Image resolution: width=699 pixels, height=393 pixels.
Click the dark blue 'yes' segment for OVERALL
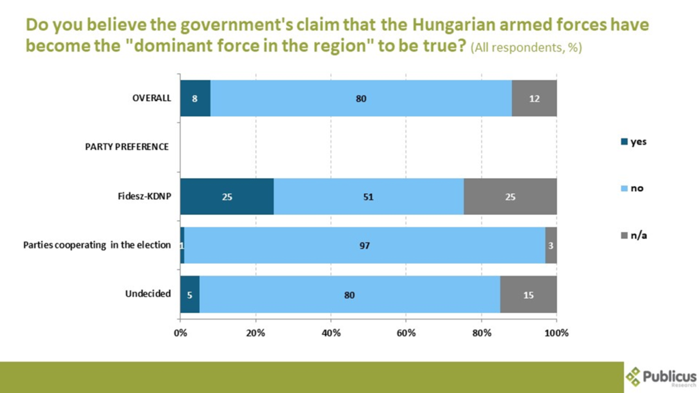(195, 98)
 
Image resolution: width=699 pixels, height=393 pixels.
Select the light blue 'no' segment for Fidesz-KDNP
(369, 196)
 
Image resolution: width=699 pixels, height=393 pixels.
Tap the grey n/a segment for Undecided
(528, 295)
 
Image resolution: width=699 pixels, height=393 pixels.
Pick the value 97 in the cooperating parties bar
(365, 246)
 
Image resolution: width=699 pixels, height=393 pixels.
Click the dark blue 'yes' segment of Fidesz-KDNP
(227, 196)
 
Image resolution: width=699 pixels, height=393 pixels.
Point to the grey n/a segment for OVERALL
(534, 98)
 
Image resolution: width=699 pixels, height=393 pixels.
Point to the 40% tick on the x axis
(331, 333)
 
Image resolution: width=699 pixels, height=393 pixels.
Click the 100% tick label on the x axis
(556, 333)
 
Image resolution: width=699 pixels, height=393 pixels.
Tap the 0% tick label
(180, 333)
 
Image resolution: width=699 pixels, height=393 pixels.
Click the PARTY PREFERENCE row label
(127, 147)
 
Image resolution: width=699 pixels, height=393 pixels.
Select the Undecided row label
(147, 294)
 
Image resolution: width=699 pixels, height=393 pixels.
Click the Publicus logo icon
(634, 377)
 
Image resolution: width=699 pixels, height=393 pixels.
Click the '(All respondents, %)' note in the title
(526, 48)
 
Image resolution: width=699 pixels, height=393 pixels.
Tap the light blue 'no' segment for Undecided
(349, 295)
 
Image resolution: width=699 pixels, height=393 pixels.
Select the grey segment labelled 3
(551, 246)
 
